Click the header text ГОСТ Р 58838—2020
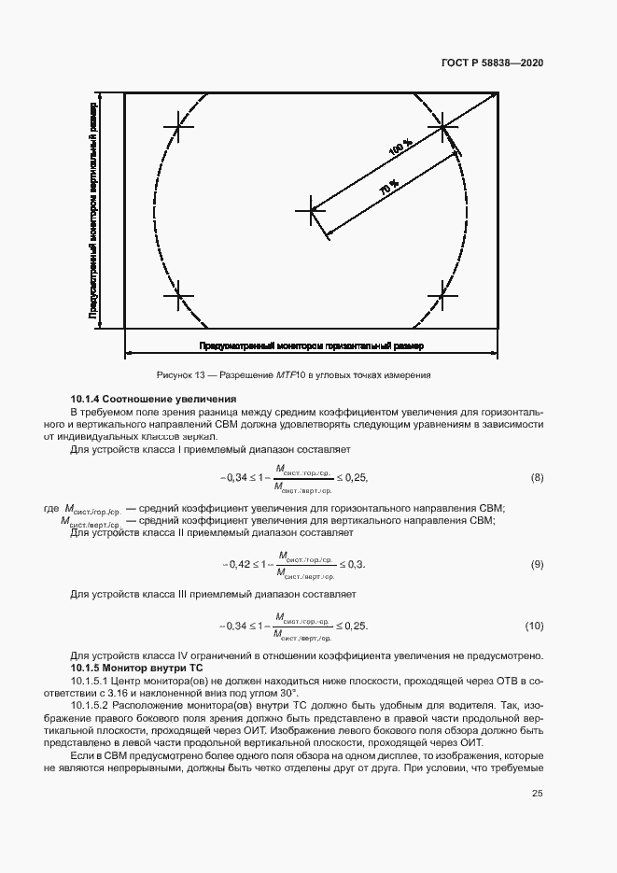tap(492, 63)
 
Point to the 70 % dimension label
tap(388, 188)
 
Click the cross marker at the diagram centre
tap(311, 210)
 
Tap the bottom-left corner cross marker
tap(177, 296)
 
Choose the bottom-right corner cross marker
tap(443, 296)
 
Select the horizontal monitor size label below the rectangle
tap(311, 346)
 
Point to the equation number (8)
tap(537, 478)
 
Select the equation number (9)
tap(537, 565)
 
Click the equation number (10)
tap(534, 625)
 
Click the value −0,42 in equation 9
tap(236, 565)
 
